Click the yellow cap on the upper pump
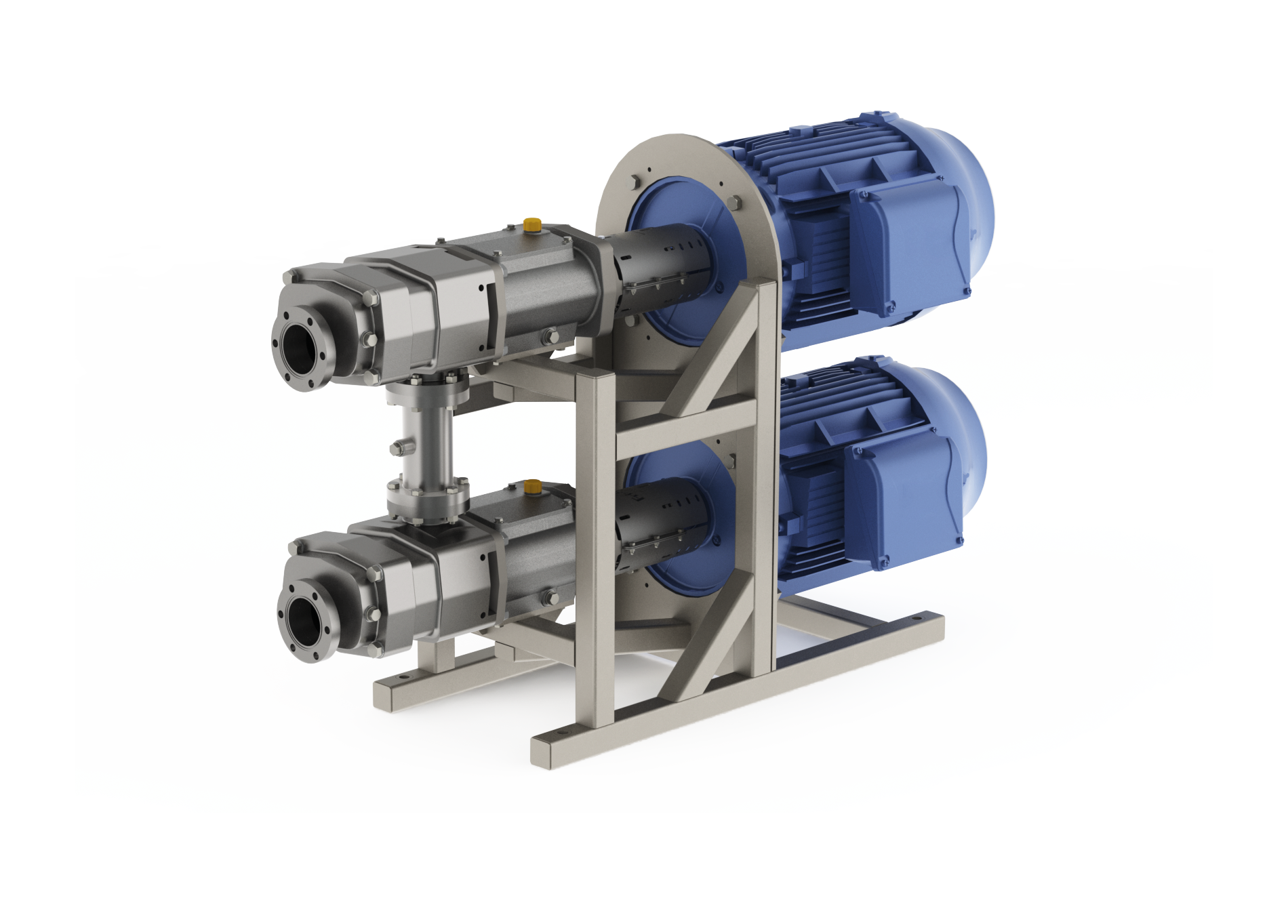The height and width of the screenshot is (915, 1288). pos(532,224)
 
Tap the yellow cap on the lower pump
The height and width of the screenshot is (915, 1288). pos(533,485)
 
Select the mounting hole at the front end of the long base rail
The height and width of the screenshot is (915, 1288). pos(560,734)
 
